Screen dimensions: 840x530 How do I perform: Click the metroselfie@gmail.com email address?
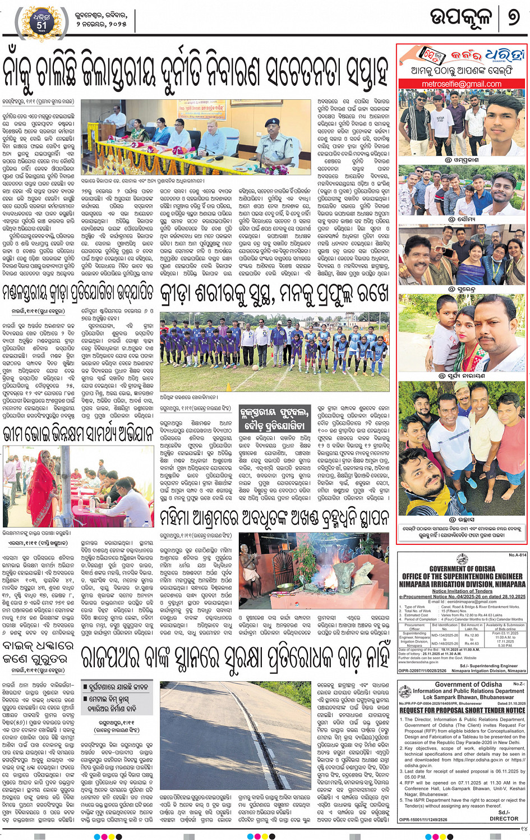462,84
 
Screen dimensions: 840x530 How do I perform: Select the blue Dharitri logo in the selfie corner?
504,56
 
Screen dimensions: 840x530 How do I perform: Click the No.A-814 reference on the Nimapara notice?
517,555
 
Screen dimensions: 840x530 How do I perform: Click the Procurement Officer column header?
414,627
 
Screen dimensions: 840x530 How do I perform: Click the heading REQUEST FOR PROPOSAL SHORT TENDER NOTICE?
462,710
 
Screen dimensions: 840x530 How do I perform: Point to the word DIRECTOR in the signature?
504,818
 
